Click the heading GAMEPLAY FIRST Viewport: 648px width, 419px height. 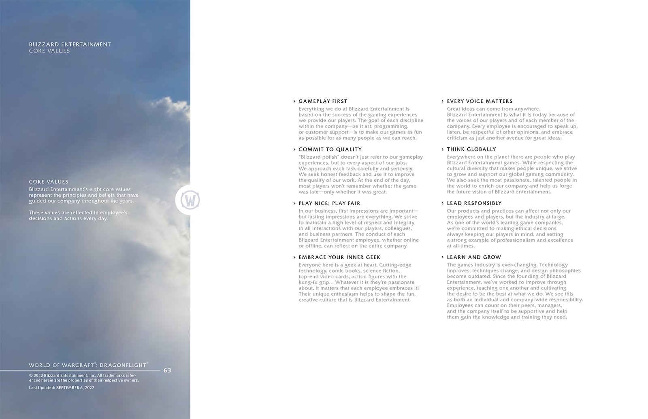[323, 101]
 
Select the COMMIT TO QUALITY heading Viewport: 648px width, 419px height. [330, 149]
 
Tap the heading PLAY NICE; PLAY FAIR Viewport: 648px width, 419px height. [329, 203]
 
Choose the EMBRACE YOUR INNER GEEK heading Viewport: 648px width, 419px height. [339, 257]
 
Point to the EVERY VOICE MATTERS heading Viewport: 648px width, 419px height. [480, 101]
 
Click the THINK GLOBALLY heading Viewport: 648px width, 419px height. [471, 149]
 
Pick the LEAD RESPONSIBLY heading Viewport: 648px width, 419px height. [474, 203]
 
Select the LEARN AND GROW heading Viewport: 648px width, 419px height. [474, 257]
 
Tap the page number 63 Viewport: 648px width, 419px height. [167, 370]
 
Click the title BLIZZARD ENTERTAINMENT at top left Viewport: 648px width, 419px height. [70, 44]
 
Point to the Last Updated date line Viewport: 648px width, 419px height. [62, 388]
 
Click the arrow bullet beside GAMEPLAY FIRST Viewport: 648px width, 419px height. [294, 101]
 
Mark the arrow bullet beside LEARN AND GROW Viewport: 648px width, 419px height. [442, 257]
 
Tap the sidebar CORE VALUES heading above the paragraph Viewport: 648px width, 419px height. [49, 182]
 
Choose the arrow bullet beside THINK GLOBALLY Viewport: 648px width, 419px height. [442, 149]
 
